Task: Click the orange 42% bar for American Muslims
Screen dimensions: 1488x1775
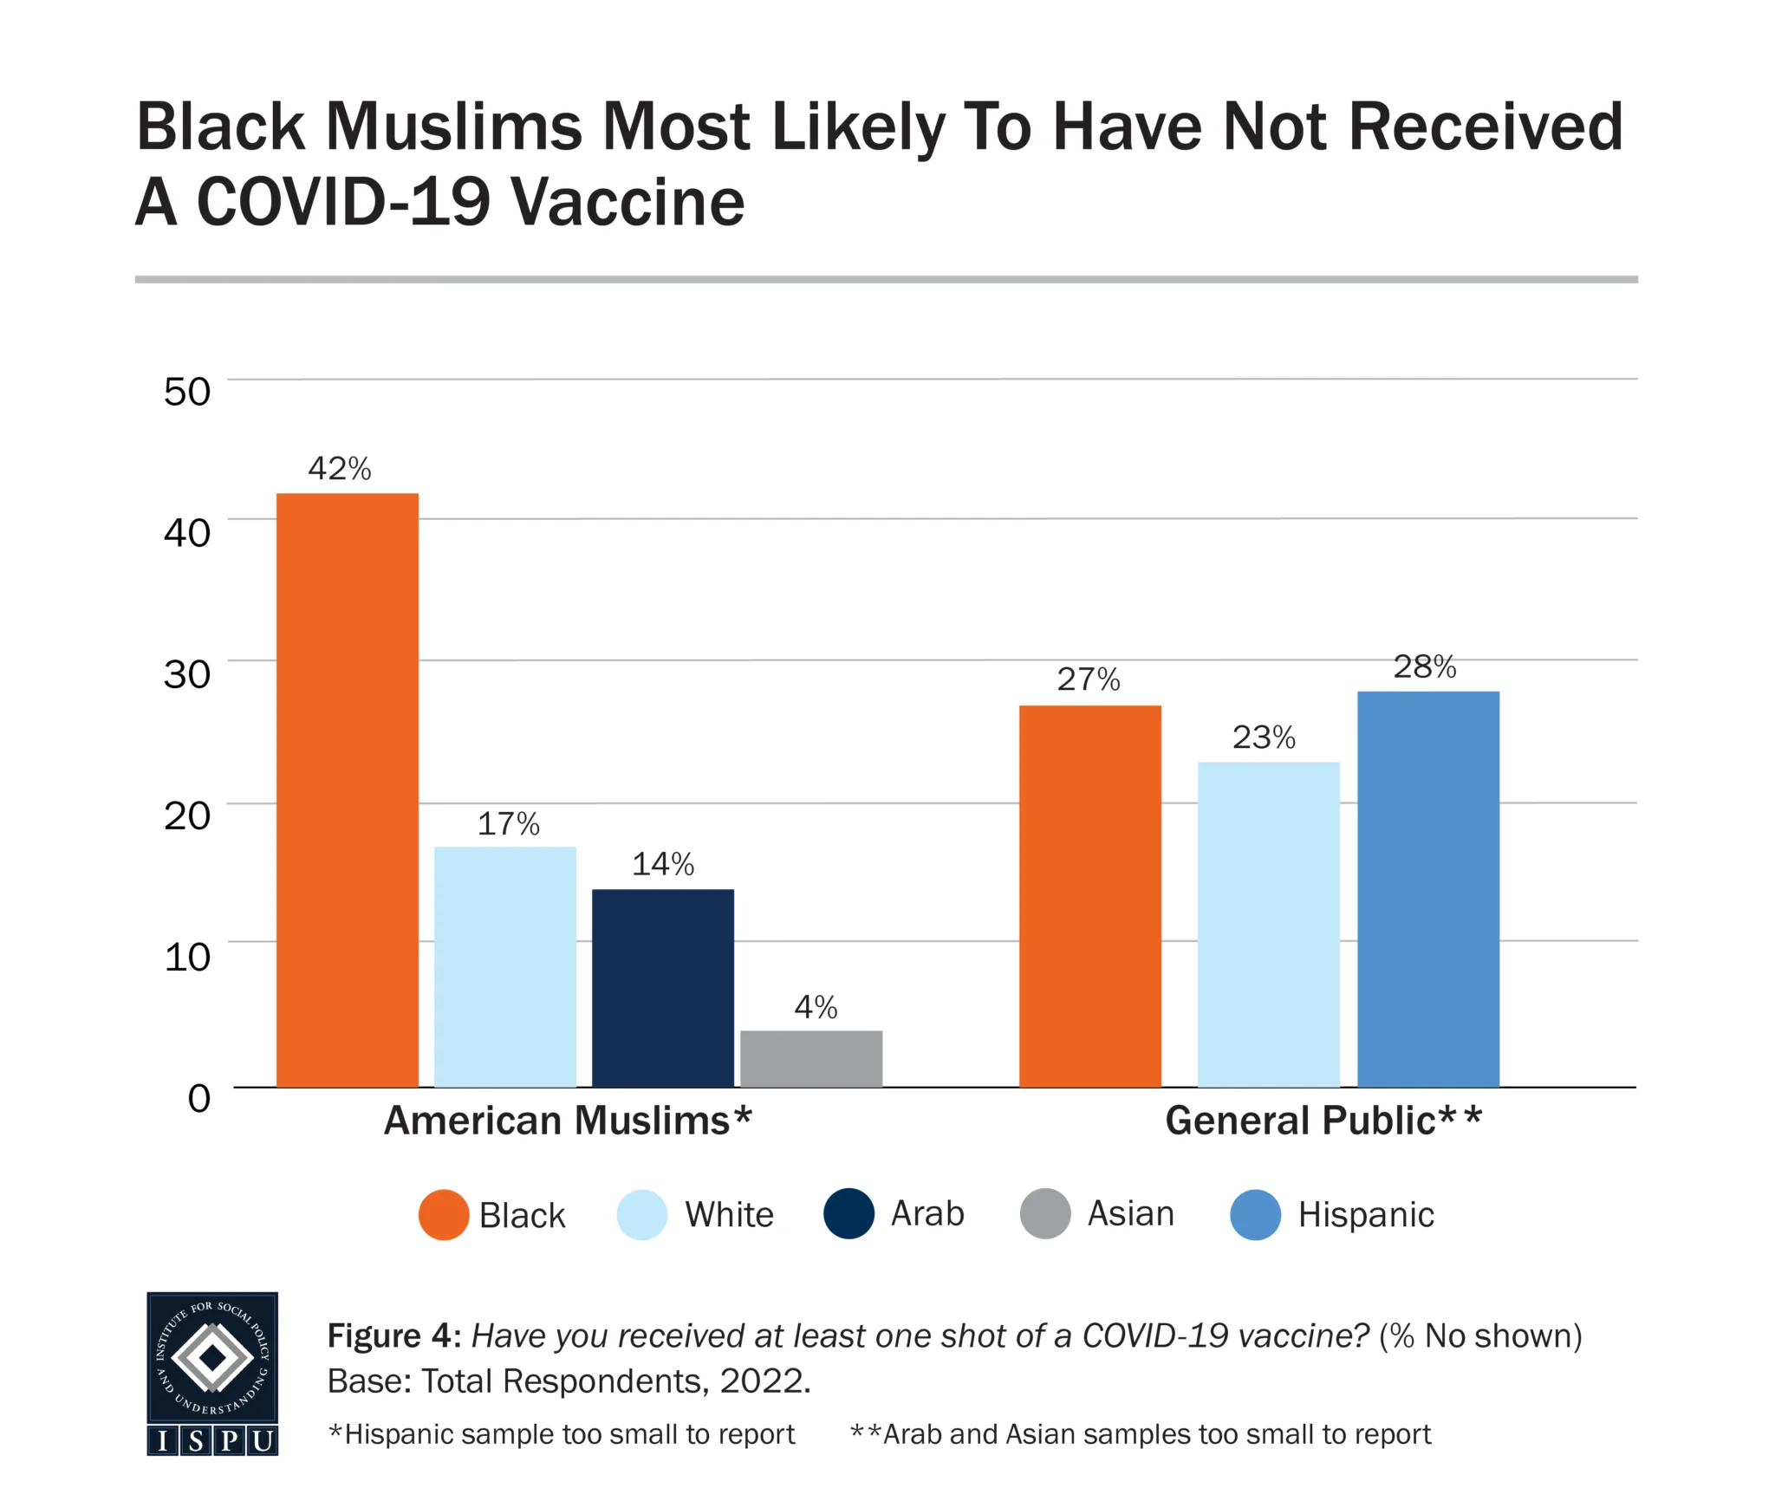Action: click(347, 789)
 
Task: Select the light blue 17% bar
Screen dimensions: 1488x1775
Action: click(504, 965)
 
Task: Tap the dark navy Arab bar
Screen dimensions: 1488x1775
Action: click(662, 987)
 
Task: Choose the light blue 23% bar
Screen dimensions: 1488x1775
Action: click(1268, 924)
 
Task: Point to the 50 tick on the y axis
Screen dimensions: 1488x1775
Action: click(187, 392)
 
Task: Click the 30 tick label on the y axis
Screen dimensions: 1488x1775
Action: click(187, 674)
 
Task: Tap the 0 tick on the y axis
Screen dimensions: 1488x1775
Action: click(199, 1098)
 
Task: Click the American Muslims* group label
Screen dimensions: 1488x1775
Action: click(568, 1121)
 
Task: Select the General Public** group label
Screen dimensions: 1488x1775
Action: click(1323, 1121)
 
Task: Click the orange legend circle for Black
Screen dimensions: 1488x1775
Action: click(444, 1214)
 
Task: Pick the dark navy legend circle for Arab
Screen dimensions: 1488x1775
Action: click(848, 1213)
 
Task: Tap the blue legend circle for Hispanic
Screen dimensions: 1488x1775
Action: click(1255, 1214)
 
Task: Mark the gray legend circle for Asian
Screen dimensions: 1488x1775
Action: click(1045, 1213)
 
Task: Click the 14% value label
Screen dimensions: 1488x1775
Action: click(663, 864)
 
